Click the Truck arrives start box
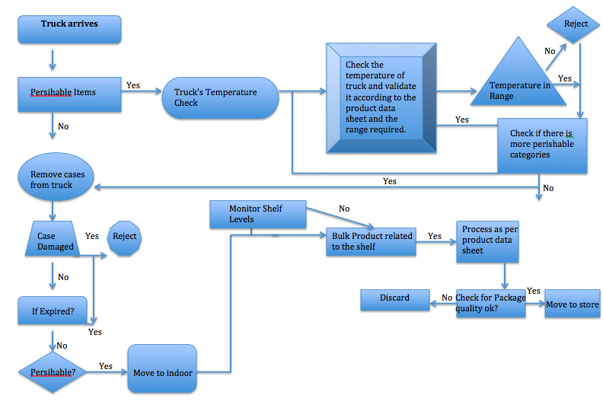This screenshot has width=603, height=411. [x=69, y=28]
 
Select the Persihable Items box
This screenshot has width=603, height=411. [x=69, y=93]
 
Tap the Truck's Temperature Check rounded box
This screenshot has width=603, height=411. [x=220, y=97]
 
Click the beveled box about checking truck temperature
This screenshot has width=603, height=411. [x=381, y=97]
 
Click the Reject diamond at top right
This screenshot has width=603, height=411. [x=576, y=24]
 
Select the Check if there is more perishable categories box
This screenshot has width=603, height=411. [x=542, y=145]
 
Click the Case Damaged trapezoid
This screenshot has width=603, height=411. [x=56, y=241]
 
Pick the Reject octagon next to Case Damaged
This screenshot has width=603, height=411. [x=125, y=237]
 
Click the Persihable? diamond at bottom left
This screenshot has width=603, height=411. [x=53, y=372]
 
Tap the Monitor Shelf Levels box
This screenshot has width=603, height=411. [x=257, y=215]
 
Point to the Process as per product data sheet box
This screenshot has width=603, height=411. [x=487, y=241]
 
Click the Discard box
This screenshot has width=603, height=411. [x=395, y=299]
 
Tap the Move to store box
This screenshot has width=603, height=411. [x=573, y=304]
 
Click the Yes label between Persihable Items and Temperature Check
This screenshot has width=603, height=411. [x=132, y=85]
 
